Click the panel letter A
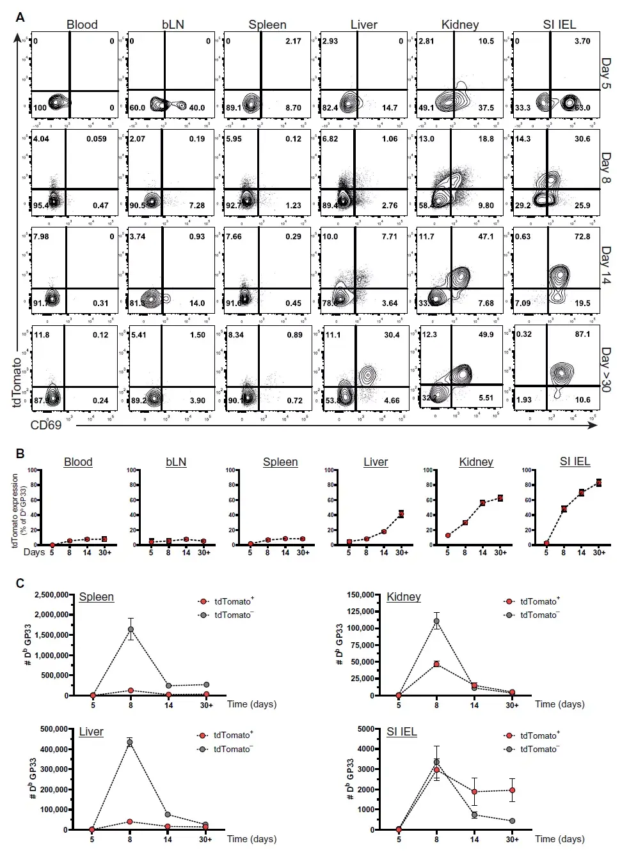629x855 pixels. click(x=20, y=17)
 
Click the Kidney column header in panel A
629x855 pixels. click(x=459, y=24)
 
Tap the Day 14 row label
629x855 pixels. click(x=605, y=265)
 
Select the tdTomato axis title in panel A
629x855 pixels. click(x=17, y=381)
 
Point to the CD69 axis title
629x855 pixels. click(x=46, y=425)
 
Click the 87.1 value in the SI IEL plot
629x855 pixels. click(x=582, y=334)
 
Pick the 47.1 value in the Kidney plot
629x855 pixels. click(x=486, y=236)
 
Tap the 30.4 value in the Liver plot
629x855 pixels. click(x=392, y=335)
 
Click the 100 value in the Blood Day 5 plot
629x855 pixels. click(x=40, y=108)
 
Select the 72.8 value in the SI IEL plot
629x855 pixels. click(x=582, y=236)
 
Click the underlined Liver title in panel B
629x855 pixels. click(x=376, y=462)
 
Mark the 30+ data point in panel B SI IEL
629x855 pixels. click(x=599, y=482)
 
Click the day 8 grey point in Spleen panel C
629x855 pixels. click(x=131, y=629)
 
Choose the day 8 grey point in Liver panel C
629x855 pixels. click(x=129, y=743)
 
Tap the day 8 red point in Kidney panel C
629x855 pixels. click(x=436, y=665)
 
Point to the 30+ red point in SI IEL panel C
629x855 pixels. click(x=512, y=790)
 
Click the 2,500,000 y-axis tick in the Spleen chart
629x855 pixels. click(x=51, y=595)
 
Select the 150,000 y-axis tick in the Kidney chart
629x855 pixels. click(x=360, y=595)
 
